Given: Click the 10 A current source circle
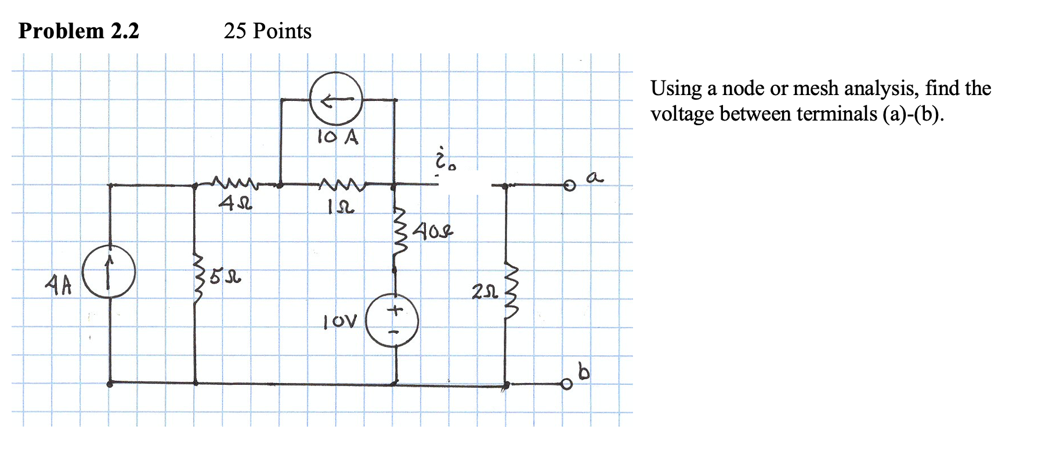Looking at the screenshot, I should coord(336,99).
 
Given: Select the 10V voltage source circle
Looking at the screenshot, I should coord(393,321).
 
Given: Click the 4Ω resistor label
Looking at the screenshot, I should coord(234,204).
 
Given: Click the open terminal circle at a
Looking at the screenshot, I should coord(569,185).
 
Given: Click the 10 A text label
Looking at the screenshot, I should coord(338,137).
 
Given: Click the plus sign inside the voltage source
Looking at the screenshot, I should coord(395,311).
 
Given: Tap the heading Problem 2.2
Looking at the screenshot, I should coord(79,31).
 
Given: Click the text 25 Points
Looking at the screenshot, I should coord(267,31).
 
